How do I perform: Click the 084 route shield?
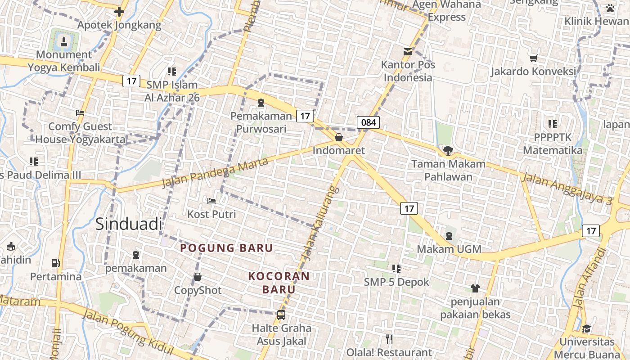[x=369, y=122]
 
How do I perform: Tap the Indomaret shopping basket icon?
[x=339, y=137]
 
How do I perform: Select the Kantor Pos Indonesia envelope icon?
[x=408, y=52]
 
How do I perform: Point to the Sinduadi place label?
[x=128, y=224]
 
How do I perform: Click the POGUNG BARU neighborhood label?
[x=227, y=248]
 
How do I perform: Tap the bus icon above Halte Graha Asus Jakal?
[x=281, y=315]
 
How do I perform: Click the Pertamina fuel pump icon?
[x=56, y=263]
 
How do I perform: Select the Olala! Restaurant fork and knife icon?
[x=389, y=339]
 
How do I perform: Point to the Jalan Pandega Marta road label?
[x=215, y=172]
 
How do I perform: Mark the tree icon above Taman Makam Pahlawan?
[x=448, y=151]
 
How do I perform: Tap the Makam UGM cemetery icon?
[x=449, y=236]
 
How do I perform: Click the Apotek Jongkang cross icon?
[x=119, y=12]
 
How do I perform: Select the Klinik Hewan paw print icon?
[x=610, y=8]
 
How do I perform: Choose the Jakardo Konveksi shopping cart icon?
[x=534, y=58]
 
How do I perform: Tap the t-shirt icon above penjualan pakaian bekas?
[x=475, y=288]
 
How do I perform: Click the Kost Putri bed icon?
[x=211, y=201]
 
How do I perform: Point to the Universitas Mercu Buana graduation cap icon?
[x=587, y=329]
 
